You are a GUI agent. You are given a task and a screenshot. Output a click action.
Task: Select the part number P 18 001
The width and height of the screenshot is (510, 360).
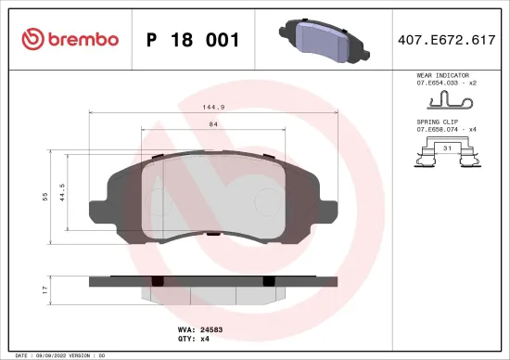click(x=194, y=40)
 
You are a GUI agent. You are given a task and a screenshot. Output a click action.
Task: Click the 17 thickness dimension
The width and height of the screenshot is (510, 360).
click(x=45, y=290)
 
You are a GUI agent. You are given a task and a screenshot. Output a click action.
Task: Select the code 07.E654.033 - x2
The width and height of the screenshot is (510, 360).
click(x=446, y=84)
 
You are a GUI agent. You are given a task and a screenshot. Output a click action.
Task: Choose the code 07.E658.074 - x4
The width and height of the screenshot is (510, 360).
click(x=446, y=131)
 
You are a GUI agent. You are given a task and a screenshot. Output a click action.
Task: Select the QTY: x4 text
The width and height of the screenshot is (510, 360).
click(x=205, y=340)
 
